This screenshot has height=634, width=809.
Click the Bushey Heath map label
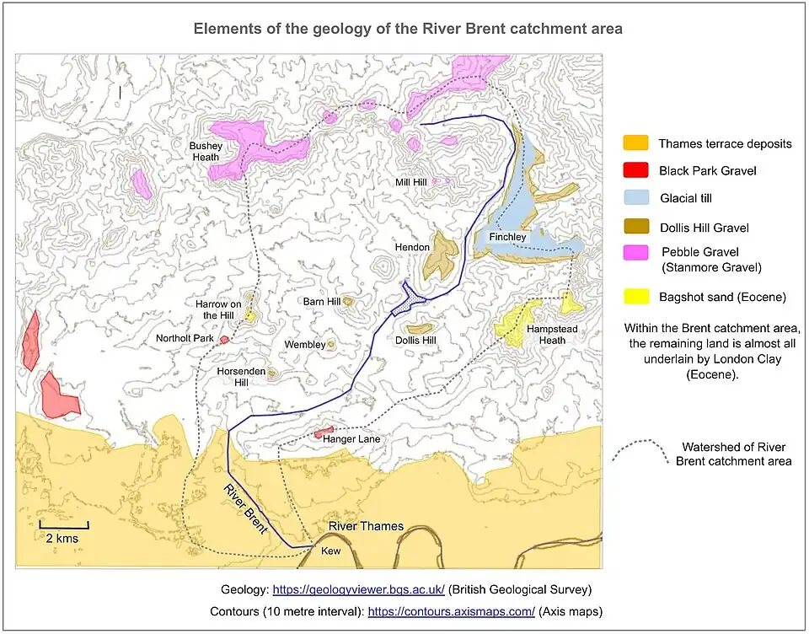pos(204,151)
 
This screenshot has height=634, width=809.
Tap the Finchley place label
pos(508,237)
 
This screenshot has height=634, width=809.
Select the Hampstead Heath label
pos(546,334)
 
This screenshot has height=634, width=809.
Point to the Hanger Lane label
pos(356,439)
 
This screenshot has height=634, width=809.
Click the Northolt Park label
pos(185,339)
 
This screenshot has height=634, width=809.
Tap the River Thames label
pos(366,526)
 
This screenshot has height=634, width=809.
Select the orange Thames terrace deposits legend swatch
pos(635,143)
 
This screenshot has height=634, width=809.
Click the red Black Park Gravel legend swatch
pos(635,171)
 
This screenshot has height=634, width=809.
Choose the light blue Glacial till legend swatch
pos(635,199)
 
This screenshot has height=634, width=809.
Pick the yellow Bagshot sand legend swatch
pos(635,297)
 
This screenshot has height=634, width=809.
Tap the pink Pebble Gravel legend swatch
pos(635,252)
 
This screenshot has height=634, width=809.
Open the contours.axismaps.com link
pos(451,612)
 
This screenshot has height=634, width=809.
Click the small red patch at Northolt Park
pos(224,339)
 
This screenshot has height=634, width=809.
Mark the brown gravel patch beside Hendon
pos(442,253)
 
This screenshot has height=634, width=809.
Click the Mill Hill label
pos(412,182)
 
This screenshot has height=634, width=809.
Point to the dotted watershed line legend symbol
pos(636,452)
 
